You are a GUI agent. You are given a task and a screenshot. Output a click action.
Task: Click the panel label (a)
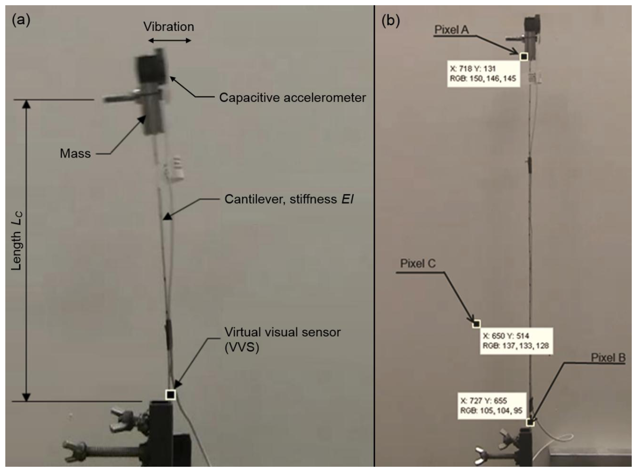click(21, 20)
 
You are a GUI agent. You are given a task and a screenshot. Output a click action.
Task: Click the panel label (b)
click(390, 21)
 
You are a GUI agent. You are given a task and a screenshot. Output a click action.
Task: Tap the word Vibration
click(168, 27)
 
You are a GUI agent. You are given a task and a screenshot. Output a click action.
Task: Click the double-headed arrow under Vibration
click(170, 41)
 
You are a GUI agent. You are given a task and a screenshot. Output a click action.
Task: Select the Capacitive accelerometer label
click(292, 98)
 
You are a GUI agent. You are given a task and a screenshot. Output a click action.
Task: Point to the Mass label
click(75, 154)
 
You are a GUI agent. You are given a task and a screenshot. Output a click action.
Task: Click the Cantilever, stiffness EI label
click(289, 199)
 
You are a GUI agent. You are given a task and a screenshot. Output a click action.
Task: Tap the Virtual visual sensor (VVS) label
click(282, 339)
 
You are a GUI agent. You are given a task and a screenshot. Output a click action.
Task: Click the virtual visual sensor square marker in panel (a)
click(171, 395)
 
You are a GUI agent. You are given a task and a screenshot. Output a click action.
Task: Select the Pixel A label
click(451, 30)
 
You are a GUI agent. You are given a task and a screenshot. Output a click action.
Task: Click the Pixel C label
click(418, 263)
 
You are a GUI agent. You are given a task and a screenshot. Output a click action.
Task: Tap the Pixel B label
click(608, 358)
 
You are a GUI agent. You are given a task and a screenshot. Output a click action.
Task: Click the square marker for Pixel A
click(524, 56)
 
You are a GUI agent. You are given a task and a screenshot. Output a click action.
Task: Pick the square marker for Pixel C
click(476, 324)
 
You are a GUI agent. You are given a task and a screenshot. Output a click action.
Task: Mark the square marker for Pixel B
click(530, 422)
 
